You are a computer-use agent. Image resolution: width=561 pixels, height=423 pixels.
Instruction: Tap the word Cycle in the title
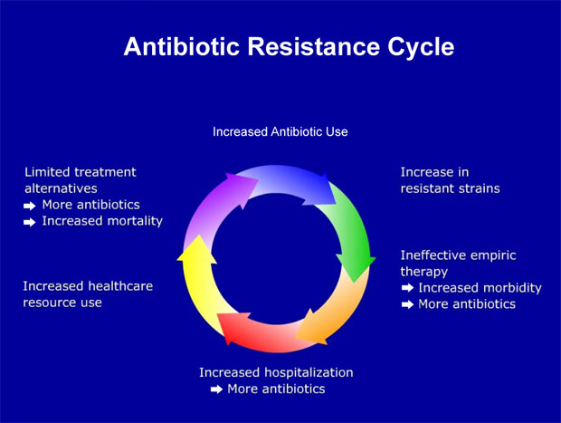coord(418,46)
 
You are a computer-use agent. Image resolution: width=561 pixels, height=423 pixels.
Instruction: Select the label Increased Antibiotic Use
coord(280,131)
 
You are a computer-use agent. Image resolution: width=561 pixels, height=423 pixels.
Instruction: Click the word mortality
coord(132,220)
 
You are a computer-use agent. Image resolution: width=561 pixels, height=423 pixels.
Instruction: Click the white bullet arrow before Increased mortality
coord(30,221)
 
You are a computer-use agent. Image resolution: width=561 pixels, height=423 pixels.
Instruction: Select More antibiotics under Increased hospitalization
coord(275,389)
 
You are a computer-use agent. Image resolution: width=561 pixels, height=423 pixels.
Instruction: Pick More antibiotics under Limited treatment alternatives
coord(90,204)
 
